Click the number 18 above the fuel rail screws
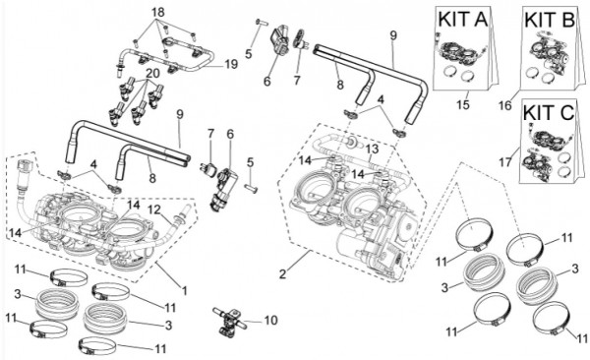pos(157,13)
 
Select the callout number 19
pos(232,64)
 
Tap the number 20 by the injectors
pos(153,73)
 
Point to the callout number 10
pos(271,320)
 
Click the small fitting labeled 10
pos(228,321)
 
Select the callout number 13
pos(372,150)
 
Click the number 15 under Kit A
pos(463,104)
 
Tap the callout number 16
pos(505,105)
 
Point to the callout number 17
pos(505,162)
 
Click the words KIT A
pos(463,20)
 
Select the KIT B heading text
pos(550,20)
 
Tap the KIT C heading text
pos(549,112)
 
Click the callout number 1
pos(185,290)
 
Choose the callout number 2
pos(282,273)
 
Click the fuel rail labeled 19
pos(164,58)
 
